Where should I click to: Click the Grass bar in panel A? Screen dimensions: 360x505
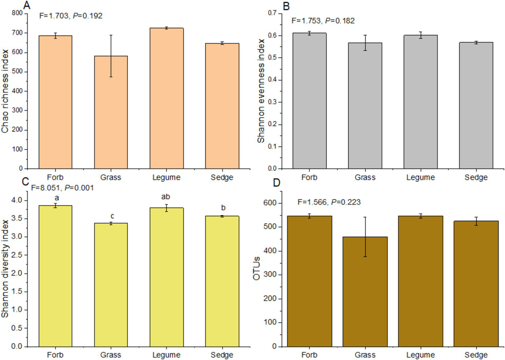tap(111, 112)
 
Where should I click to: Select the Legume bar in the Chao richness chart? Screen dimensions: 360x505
tap(166, 98)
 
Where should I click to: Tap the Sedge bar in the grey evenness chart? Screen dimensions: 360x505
tap(476, 105)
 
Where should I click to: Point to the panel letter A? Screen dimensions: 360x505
tap(27, 6)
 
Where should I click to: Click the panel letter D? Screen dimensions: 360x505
tap(276, 183)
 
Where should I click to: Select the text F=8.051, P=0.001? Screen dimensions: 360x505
tap(62, 188)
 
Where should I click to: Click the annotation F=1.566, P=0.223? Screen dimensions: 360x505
tap(329, 202)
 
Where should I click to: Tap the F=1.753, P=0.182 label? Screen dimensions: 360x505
tap(323, 21)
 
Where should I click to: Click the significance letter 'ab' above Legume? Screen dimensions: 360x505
tap(165, 197)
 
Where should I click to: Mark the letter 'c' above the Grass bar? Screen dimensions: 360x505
tap(112, 216)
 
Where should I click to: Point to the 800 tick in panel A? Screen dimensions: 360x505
tap(17, 13)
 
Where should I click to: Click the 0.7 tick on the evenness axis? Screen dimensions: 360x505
tap(272, 13)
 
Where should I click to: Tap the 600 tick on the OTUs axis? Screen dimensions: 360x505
tap(270, 203)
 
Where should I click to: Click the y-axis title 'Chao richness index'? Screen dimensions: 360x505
tap(5, 91)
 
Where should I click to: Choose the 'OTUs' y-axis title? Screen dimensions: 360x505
tap(257, 269)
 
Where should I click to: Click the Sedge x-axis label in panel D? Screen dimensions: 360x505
tap(476, 355)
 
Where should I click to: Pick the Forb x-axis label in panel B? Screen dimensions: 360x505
tap(309, 177)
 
